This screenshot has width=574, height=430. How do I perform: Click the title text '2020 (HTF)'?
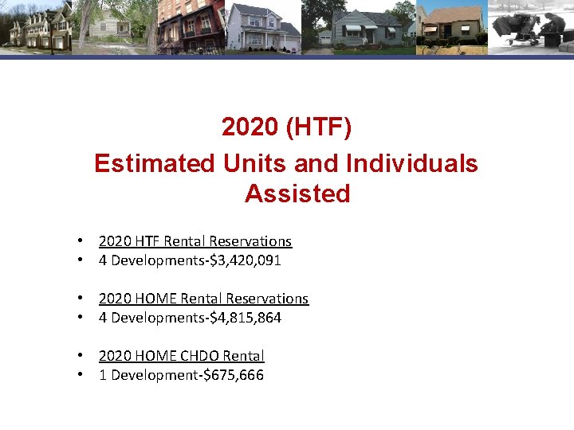click(286, 127)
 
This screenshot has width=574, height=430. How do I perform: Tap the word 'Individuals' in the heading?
click(411, 163)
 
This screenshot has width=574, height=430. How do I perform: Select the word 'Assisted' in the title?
click(297, 193)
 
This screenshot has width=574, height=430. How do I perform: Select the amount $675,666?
click(236, 375)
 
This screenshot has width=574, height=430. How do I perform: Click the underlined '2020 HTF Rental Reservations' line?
click(195, 241)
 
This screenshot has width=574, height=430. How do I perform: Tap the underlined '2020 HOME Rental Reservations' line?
click(203, 299)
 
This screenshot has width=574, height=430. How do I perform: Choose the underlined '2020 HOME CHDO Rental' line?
click(182, 356)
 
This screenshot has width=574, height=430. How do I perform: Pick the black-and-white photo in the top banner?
click(530, 27)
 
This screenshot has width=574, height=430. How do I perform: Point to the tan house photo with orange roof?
click(451, 27)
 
